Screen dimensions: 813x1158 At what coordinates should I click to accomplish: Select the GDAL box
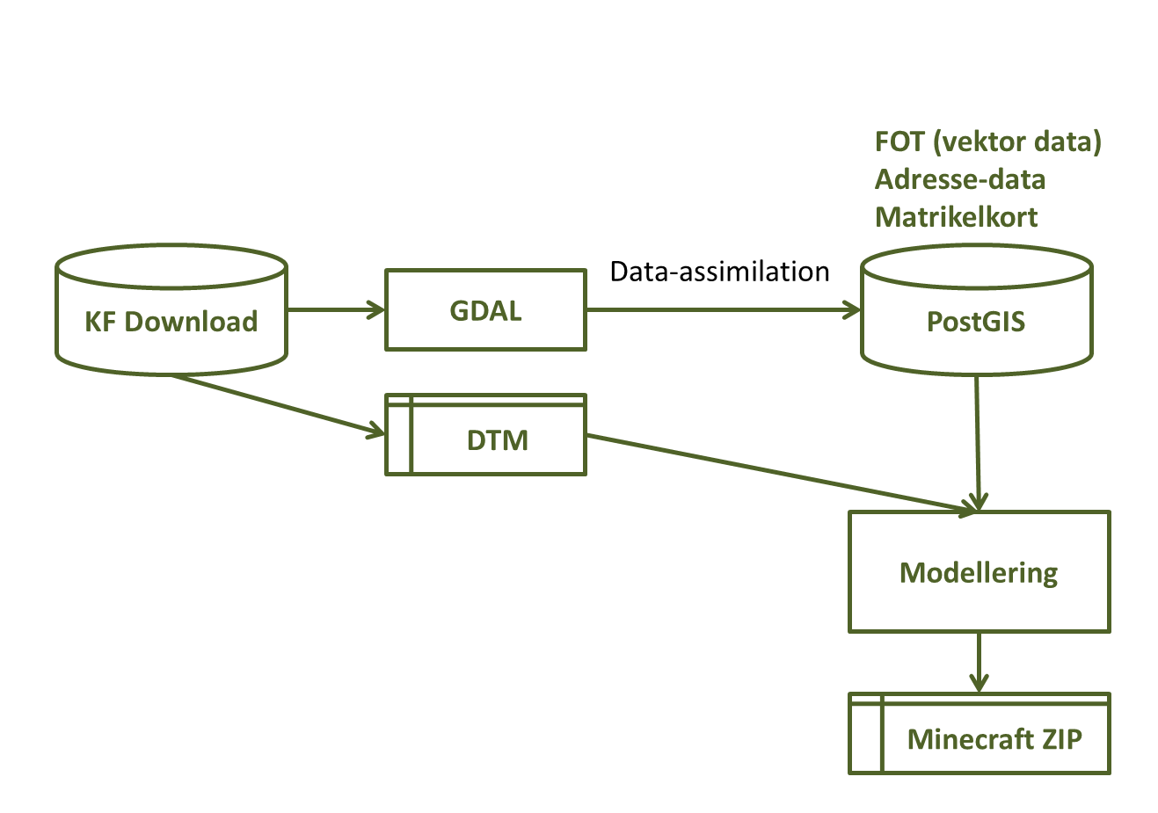485,310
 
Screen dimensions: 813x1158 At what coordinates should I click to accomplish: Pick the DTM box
497,439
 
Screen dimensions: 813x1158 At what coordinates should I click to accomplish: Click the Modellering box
979,572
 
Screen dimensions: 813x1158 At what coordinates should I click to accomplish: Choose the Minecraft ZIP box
994,738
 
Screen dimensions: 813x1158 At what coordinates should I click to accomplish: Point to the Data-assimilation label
719,272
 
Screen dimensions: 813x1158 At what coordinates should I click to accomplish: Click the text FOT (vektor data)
987,142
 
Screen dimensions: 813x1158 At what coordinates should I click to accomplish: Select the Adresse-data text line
960,179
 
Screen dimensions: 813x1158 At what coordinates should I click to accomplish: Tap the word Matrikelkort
956,217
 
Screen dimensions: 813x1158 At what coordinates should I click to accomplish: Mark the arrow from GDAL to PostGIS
721,309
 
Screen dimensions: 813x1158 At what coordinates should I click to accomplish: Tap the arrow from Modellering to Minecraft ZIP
979,662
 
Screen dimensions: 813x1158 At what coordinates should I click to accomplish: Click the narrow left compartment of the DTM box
398,439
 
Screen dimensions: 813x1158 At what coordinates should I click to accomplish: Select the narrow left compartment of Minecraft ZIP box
865,738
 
